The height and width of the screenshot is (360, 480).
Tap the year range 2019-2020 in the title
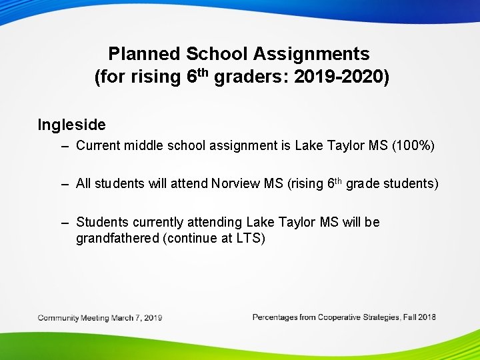[x=340, y=77]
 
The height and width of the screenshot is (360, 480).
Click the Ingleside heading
[x=71, y=125]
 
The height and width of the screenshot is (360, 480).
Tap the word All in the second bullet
[x=83, y=184]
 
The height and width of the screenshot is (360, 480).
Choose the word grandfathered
[x=117, y=238]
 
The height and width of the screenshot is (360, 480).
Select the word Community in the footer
[x=58, y=318]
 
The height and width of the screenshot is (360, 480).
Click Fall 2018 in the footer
[x=420, y=317]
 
